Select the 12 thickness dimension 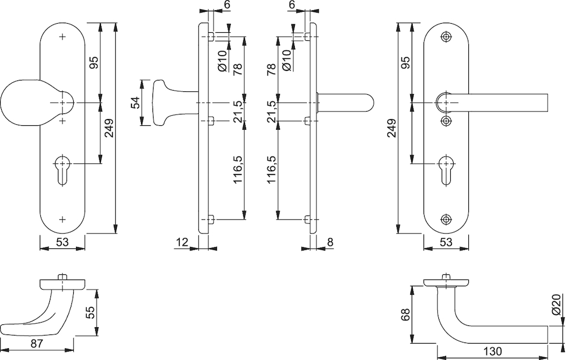pos(183,242)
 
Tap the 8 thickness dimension pos(330,242)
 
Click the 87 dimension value pos(36,344)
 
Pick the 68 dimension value pos(405,315)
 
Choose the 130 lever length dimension pos(492,351)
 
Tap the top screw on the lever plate pos(446,37)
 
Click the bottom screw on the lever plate pos(446,219)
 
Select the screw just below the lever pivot pos(446,121)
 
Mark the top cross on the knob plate pos(62,37)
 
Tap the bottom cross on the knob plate pos(62,219)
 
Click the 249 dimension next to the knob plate pos(109,128)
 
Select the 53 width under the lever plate pos(446,242)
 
